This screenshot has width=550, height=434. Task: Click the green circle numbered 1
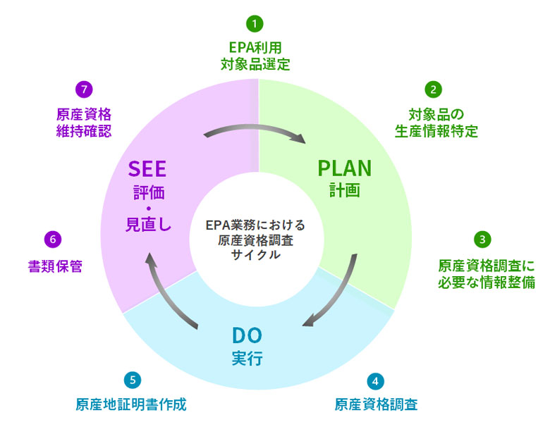coord(255,24)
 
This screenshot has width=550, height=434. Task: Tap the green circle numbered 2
coord(433,89)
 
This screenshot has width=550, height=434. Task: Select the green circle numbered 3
coord(482,240)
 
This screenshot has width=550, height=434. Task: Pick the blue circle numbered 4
coord(375,381)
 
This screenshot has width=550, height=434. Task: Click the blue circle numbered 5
coord(133,380)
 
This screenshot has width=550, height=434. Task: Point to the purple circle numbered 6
coord(53,240)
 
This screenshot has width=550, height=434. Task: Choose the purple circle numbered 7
coord(84,89)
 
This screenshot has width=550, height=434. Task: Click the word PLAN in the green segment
coord(344,168)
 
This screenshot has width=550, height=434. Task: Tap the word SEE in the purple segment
coord(147,169)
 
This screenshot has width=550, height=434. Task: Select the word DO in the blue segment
coord(248,335)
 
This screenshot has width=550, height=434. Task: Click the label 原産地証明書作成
coord(131,404)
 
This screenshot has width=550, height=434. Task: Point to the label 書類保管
coord(55,266)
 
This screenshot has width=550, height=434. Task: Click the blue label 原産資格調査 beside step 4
coord(376,404)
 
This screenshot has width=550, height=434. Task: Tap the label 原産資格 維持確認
coord(84,123)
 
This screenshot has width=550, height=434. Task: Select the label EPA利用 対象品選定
coord(255,56)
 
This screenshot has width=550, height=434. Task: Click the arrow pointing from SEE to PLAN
coord(255,128)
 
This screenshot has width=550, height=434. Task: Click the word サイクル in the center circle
coord(256,255)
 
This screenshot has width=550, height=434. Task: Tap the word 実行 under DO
coord(248,359)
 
